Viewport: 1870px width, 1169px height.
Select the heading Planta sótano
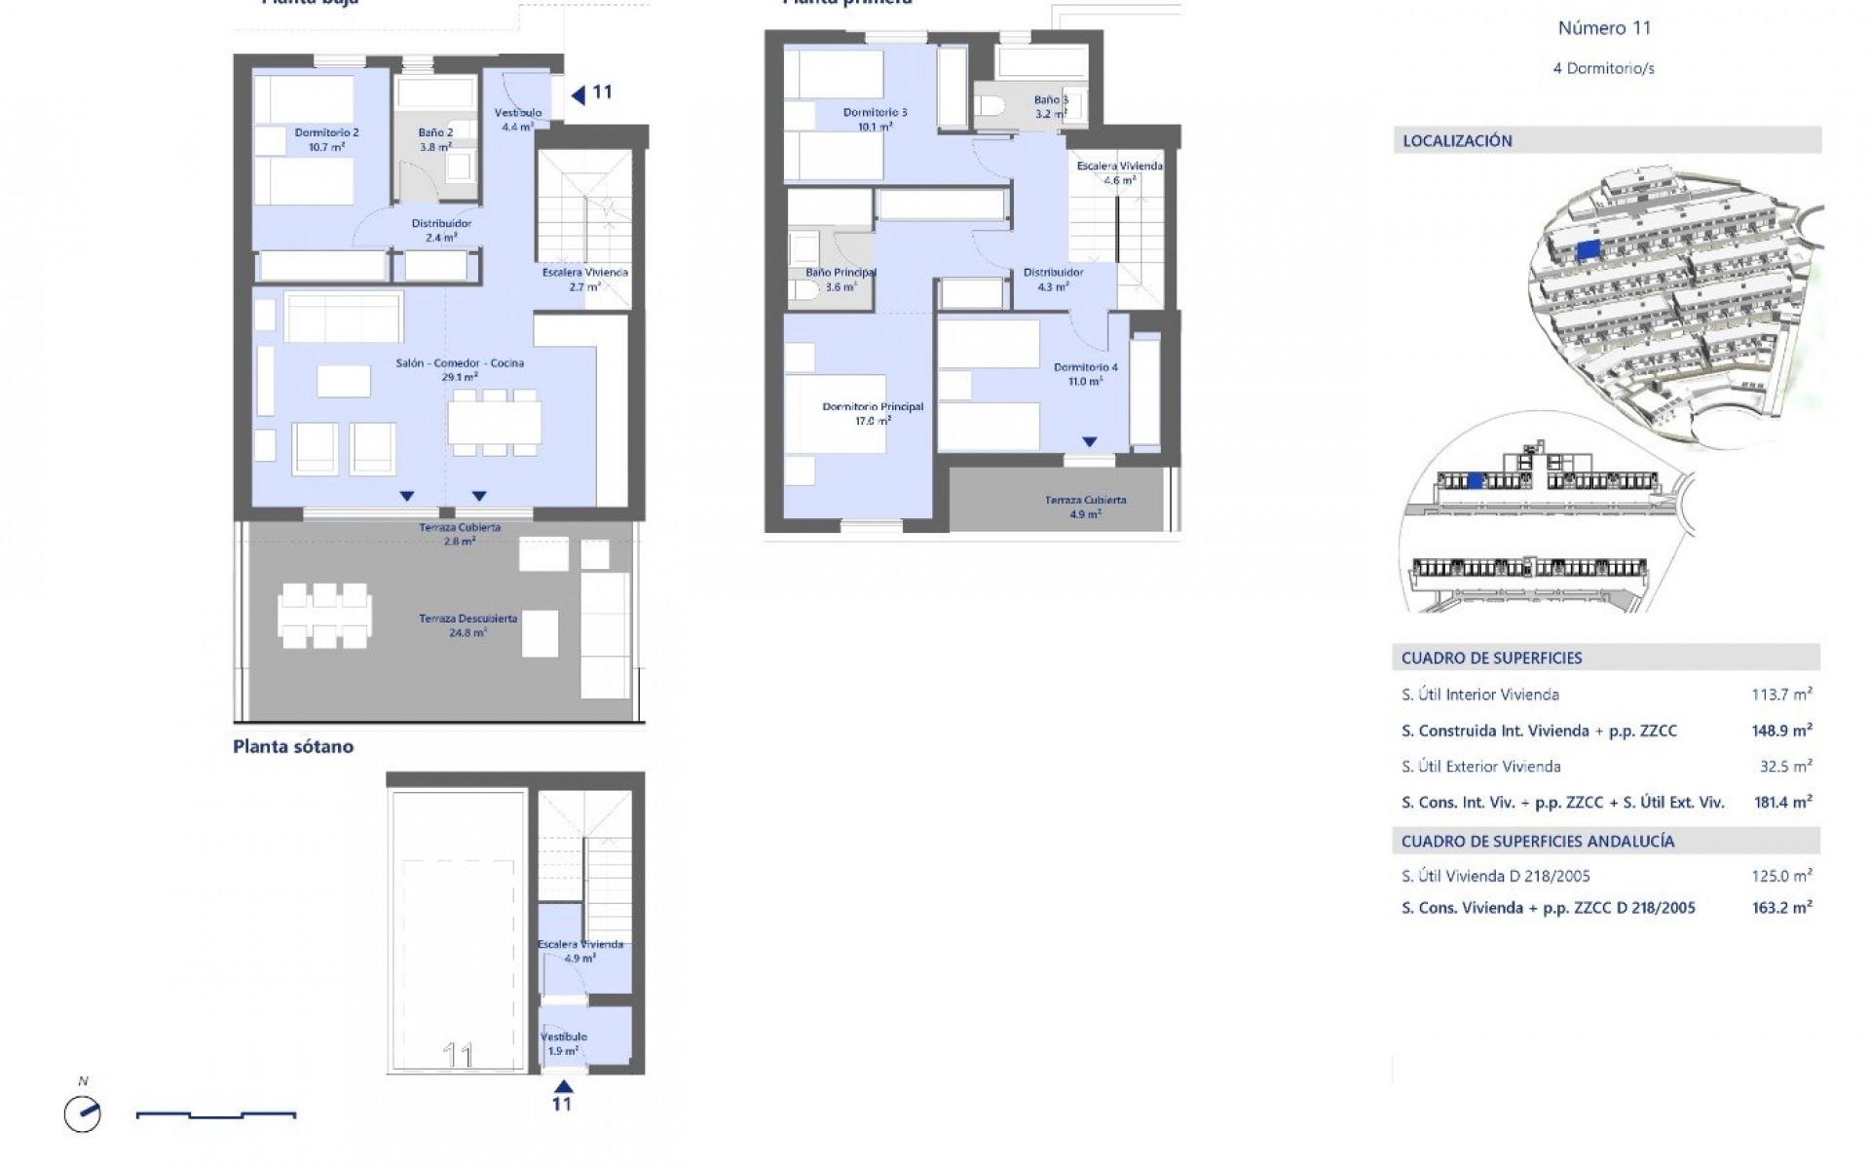click(293, 747)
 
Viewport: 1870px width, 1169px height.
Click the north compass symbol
click(83, 1114)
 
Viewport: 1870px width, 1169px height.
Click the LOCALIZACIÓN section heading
click(1457, 141)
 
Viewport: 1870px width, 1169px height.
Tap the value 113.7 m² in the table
click(1781, 695)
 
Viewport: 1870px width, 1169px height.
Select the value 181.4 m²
click(1781, 803)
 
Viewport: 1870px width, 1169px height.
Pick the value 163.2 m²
click(1781, 908)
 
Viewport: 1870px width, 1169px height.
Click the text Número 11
click(1604, 28)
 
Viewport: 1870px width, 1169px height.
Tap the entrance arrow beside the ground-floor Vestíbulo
click(578, 94)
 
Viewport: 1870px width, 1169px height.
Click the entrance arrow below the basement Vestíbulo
click(562, 1086)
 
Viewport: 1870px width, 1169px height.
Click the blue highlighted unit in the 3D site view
click(1588, 250)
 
